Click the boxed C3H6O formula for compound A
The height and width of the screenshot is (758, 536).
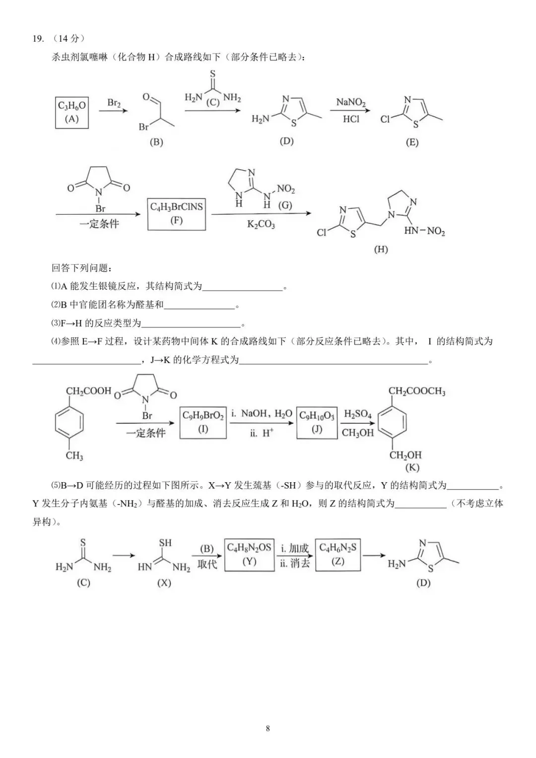pos(72,106)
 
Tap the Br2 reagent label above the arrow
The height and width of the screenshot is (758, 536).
pos(114,103)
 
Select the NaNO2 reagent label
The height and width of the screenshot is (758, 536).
pos(351,102)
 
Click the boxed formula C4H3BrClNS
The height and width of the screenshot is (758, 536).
pos(176,207)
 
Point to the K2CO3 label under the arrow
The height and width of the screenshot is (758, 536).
pos(261,224)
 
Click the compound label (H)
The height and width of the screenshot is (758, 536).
pos(381,250)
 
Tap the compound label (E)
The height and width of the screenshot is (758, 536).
pos(412,142)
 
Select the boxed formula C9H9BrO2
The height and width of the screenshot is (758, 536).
pos(203,416)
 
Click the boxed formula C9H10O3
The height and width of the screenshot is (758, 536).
pos(317,416)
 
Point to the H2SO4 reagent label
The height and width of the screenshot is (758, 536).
pos(357,414)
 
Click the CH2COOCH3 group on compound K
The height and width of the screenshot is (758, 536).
pos(417,391)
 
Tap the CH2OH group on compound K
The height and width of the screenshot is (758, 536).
pos(405,455)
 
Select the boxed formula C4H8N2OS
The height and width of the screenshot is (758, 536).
pos(249,548)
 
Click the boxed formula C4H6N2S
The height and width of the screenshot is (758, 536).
pos(337,548)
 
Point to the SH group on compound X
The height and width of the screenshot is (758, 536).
pos(165,543)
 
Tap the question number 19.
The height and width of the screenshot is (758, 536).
pos(38,38)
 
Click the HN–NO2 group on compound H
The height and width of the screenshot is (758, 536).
pos(424,232)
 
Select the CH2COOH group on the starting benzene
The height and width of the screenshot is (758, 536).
pos(88,391)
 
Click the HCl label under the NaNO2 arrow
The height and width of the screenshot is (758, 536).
pos(351,119)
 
